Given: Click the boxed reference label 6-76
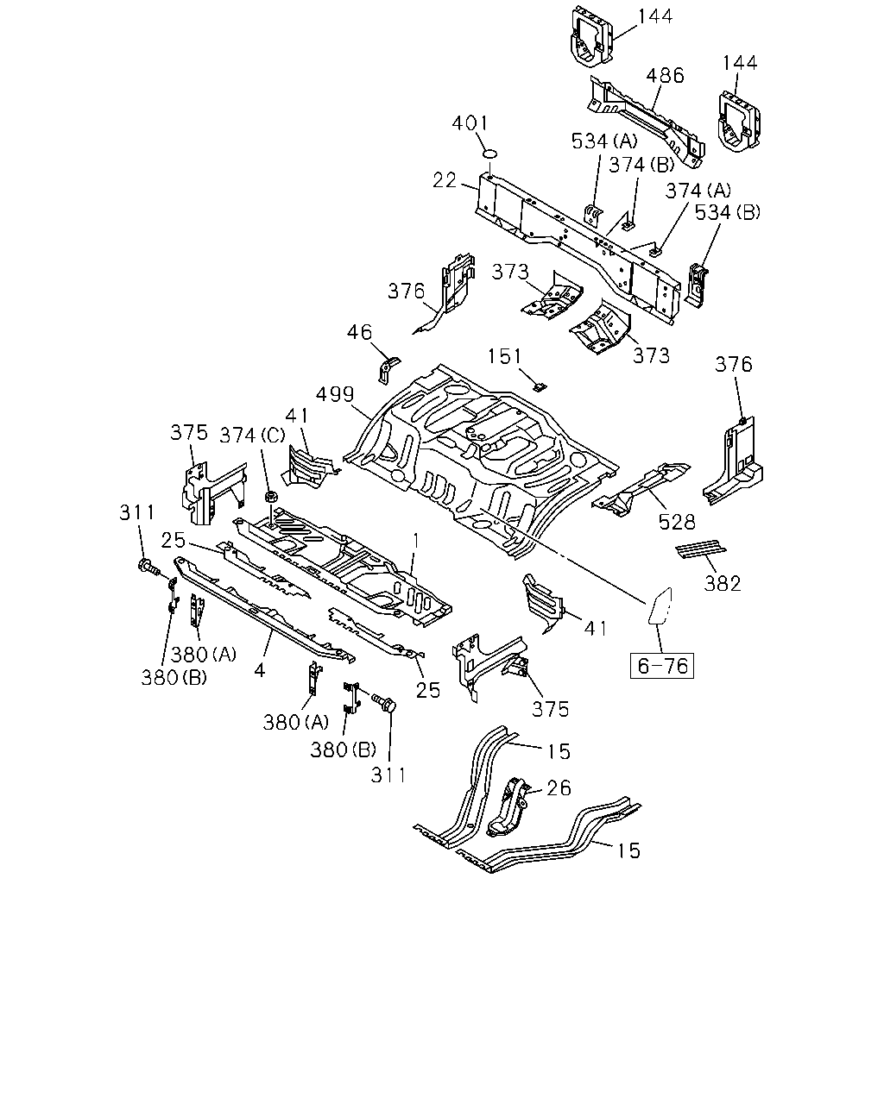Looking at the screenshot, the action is (661, 666).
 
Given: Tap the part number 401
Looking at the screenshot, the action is (470, 123).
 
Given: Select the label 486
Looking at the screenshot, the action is (665, 76).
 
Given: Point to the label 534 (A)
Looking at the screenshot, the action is (604, 141).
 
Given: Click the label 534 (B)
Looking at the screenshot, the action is (728, 212).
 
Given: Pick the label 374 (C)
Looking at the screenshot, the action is (252, 436).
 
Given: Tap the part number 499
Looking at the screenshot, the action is (335, 394).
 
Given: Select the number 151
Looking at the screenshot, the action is (504, 356).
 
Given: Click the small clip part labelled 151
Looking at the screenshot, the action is (540, 386).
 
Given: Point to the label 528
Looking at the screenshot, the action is (677, 523).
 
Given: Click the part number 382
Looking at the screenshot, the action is (723, 583).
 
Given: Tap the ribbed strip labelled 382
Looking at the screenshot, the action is (701, 549).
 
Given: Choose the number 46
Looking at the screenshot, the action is (359, 332).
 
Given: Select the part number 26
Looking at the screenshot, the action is (559, 788).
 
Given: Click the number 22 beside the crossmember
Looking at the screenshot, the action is (445, 180).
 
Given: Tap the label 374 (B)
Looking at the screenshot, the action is (641, 165).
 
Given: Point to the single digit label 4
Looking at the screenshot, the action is (259, 670).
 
